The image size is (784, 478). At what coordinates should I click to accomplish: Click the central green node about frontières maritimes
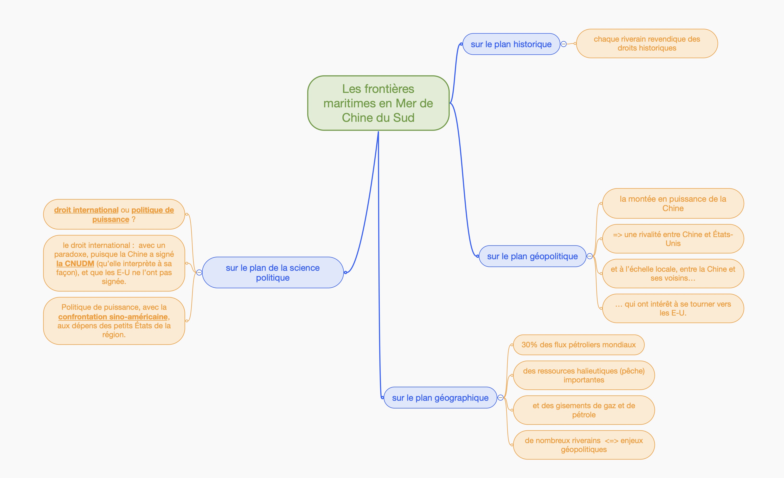[378, 103]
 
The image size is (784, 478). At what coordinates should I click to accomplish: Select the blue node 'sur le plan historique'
[511, 44]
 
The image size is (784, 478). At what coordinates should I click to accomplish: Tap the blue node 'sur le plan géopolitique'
[532, 256]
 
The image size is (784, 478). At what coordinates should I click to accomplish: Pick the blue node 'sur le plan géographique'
[440, 398]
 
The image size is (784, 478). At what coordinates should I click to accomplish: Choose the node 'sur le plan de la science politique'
[273, 273]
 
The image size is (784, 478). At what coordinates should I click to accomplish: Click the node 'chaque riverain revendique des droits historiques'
[647, 44]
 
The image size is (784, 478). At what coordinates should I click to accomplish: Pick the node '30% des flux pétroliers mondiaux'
[578, 345]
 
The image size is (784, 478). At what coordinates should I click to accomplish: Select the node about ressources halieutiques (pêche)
[584, 375]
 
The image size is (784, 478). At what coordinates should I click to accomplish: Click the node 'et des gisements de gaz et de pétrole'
[584, 410]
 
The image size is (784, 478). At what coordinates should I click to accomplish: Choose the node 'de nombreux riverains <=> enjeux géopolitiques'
[584, 445]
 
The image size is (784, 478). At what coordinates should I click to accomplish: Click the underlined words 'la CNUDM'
[75, 264]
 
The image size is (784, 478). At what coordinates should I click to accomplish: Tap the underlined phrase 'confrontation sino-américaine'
[113, 317]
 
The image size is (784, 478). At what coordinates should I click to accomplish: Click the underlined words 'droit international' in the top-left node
[86, 210]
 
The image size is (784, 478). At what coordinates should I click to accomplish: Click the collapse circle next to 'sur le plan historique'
[564, 44]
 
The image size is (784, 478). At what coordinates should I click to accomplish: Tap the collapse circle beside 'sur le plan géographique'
[500, 398]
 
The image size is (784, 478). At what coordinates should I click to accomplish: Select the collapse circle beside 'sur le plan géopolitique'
[590, 256]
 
